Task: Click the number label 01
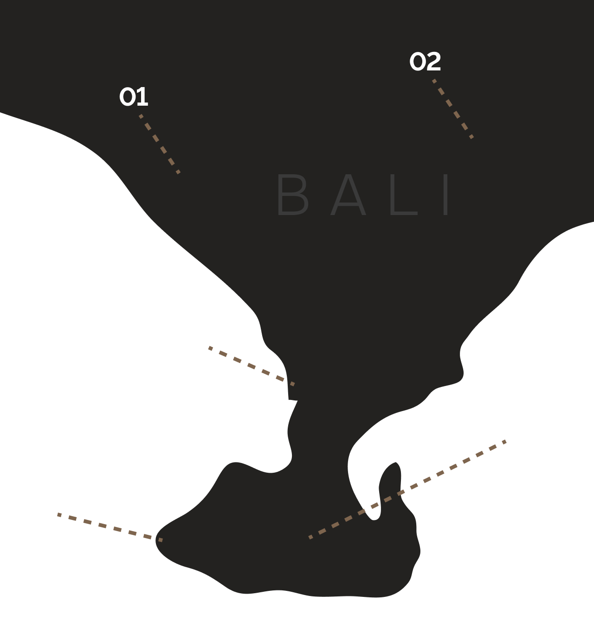click(x=134, y=97)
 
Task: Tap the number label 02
click(x=425, y=62)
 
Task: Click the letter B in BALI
click(x=292, y=195)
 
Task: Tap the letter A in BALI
click(x=349, y=195)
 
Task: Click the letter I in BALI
click(x=446, y=195)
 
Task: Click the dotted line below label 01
click(x=160, y=144)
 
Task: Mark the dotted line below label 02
click(x=453, y=109)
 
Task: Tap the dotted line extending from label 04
click(x=110, y=527)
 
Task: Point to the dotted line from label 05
click(x=407, y=489)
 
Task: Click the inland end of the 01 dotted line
click(x=179, y=172)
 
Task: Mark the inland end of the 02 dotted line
click(x=472, y=137)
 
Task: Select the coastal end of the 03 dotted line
click(x=292, y=384)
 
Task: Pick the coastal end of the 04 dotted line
click(x=161, y=540)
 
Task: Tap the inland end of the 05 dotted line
click(x=310, y=538)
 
